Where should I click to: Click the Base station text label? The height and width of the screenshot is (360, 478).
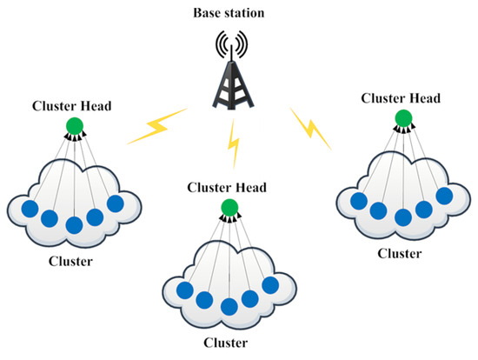click(238, 13)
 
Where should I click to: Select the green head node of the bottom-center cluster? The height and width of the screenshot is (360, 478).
click(229, 207)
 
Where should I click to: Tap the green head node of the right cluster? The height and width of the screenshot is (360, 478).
click(402, 117)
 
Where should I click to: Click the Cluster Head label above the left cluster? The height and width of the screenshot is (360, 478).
click(72, 107)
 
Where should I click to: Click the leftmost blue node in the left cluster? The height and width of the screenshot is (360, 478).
click(29, 209)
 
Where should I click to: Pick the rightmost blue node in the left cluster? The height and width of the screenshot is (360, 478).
click(116, 203)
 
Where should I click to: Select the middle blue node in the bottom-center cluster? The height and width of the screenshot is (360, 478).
click(229, 306)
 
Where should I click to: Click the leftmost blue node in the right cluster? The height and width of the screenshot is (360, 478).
click(358, 202)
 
